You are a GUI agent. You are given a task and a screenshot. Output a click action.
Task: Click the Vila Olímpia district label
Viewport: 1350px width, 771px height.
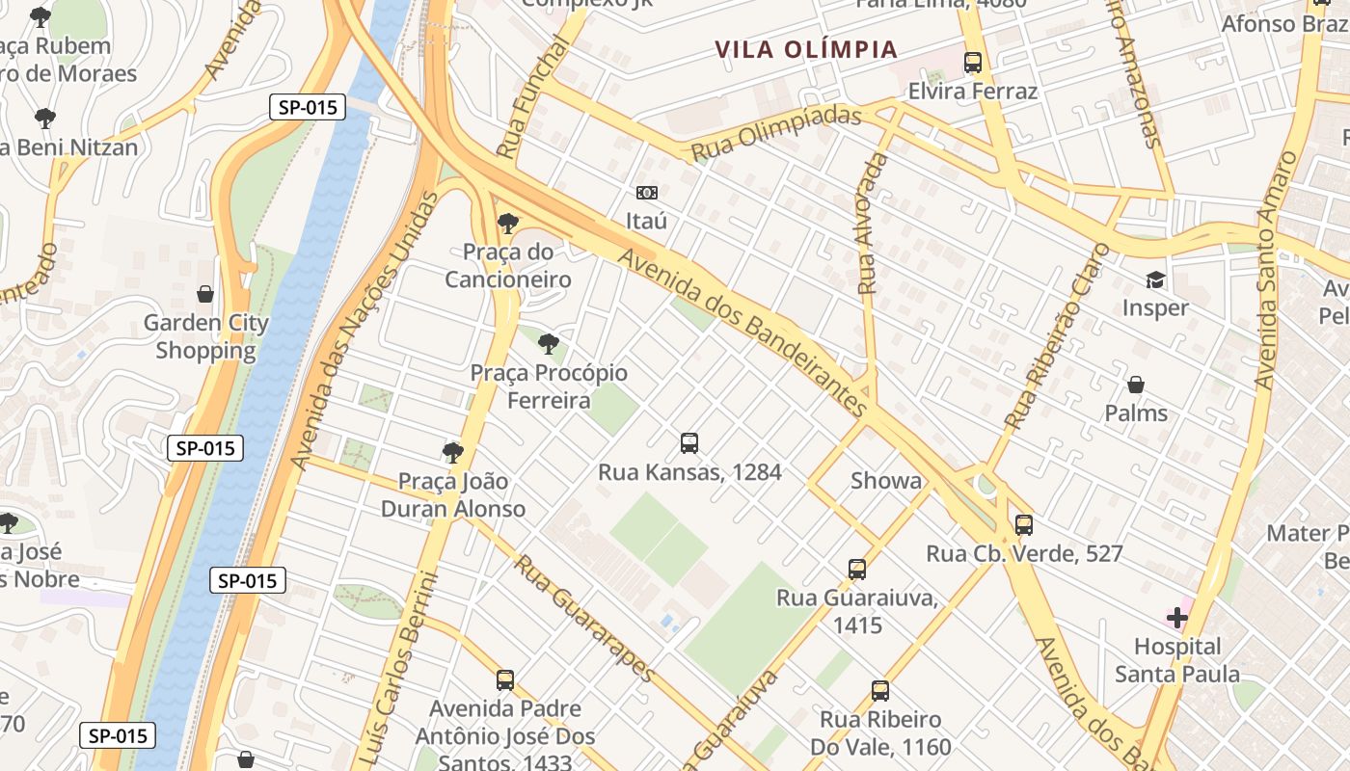(x=806, y=49)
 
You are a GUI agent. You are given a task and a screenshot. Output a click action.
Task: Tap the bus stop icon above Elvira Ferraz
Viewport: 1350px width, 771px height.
(x=973, y=64)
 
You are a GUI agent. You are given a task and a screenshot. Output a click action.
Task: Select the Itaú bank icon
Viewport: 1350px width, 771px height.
(x=647, y=193)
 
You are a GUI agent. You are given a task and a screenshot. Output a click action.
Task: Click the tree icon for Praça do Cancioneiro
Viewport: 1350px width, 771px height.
(x=507, y=225)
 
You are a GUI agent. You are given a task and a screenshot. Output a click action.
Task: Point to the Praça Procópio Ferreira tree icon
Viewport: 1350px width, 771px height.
(x=548, y=344)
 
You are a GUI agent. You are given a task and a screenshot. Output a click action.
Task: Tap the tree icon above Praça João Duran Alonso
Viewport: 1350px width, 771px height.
(x=452, y=453)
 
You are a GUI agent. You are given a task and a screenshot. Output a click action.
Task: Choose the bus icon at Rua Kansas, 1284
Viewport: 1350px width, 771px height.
(x=689, y=443)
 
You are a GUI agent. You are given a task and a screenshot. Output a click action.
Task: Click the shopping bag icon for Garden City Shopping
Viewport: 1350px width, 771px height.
(x=205, y=294)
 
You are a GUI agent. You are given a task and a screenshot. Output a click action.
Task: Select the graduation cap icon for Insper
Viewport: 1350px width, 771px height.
(x=1154, y=280)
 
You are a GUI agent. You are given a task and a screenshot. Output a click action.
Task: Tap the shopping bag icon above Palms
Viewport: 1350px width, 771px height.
(x=1136, y=385)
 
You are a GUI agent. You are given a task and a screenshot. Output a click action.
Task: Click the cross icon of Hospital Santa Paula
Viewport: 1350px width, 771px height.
(x=1176, y=618)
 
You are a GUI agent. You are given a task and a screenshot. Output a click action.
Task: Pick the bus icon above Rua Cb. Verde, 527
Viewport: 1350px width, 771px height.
(x=1024, y=525)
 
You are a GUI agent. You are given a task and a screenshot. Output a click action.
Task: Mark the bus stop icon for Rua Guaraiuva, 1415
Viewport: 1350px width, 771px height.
(x=857, y=570)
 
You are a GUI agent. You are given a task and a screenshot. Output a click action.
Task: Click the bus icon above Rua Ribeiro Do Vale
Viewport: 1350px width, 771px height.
(x=880, y=691)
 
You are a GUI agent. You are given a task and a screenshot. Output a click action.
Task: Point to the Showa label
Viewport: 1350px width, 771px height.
(x=886, y=481)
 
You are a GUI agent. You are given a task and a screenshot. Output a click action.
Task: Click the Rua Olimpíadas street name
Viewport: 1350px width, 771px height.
(x=776, y=135)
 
